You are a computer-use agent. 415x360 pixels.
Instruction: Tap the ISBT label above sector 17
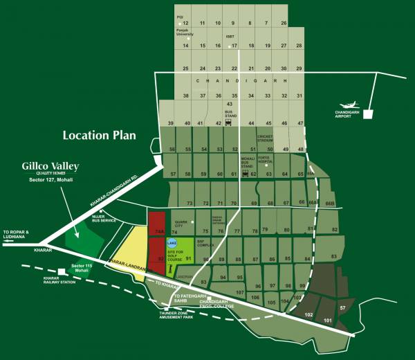pos(230,36)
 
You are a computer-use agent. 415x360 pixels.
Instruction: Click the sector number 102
pos(309,314)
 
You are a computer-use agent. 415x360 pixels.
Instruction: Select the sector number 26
pos(283,24)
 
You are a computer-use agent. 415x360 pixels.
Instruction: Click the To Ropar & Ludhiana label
pos(17,234)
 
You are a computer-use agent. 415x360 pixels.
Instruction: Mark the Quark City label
pos(183,224)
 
